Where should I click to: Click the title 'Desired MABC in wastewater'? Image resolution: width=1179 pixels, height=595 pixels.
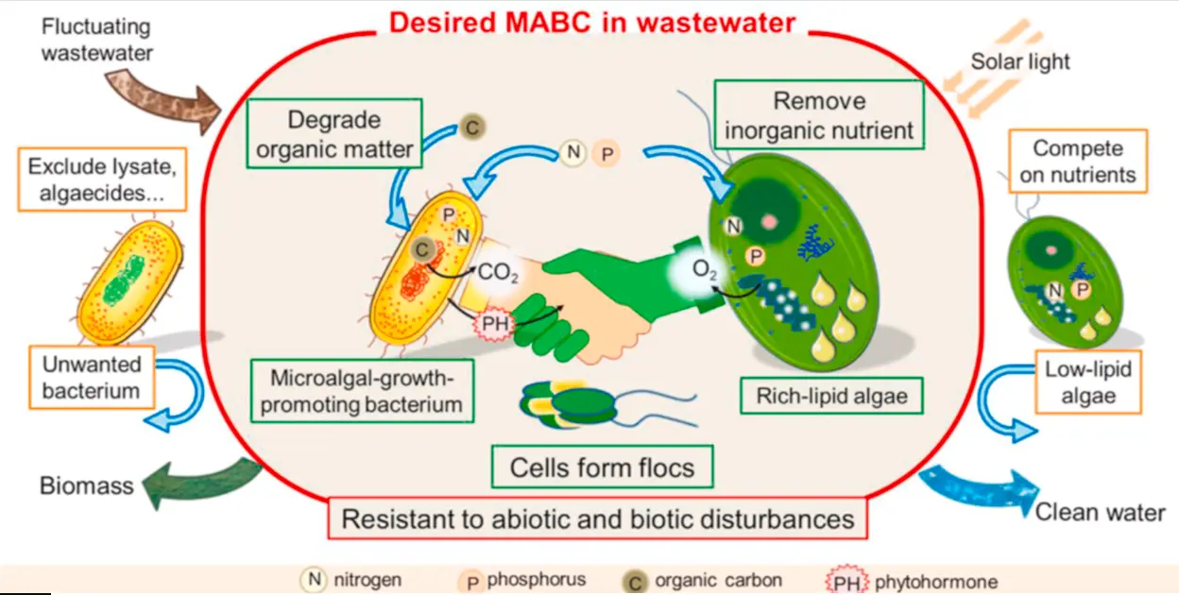[x=593, y=22]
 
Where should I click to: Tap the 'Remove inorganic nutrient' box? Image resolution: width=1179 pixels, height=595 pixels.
[x=818, y=115]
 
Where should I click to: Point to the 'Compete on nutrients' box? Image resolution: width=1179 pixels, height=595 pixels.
[x=1078, y=161]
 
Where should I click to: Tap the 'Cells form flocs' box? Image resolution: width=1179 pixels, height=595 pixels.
[x=602, y=467]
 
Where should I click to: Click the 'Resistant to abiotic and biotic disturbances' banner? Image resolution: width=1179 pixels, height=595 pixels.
[x=597, y=518]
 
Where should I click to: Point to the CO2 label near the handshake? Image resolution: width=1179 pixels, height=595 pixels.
[x=499, y=273]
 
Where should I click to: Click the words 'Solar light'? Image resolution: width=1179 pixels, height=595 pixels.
[x=1020, y=62]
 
